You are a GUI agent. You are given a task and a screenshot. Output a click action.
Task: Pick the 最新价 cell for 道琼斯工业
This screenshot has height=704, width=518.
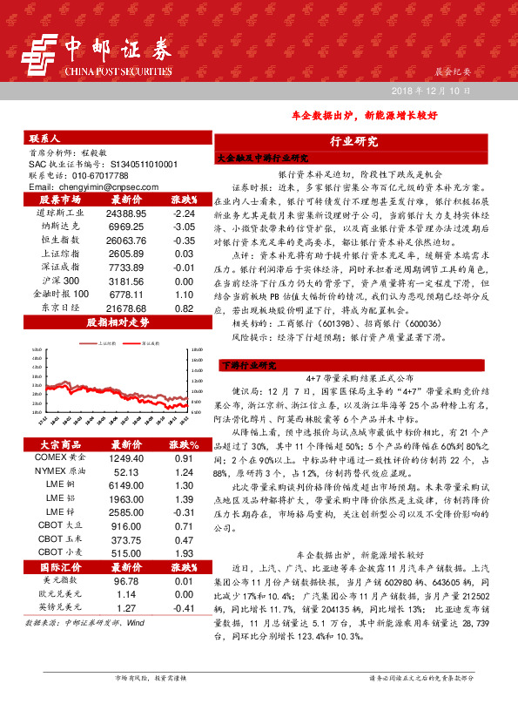point(125,213)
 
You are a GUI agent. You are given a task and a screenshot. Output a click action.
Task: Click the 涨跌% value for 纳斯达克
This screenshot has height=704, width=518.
point(183,226)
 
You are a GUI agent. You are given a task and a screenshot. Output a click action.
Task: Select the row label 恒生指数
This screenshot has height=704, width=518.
point(60,240)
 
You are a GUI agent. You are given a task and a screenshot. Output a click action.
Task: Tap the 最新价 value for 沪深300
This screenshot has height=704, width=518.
point(125,281)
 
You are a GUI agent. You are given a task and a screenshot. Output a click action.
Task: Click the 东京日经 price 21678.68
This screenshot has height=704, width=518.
point(125,308)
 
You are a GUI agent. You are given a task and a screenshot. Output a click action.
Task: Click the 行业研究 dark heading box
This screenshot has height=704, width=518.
point(353,141)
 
